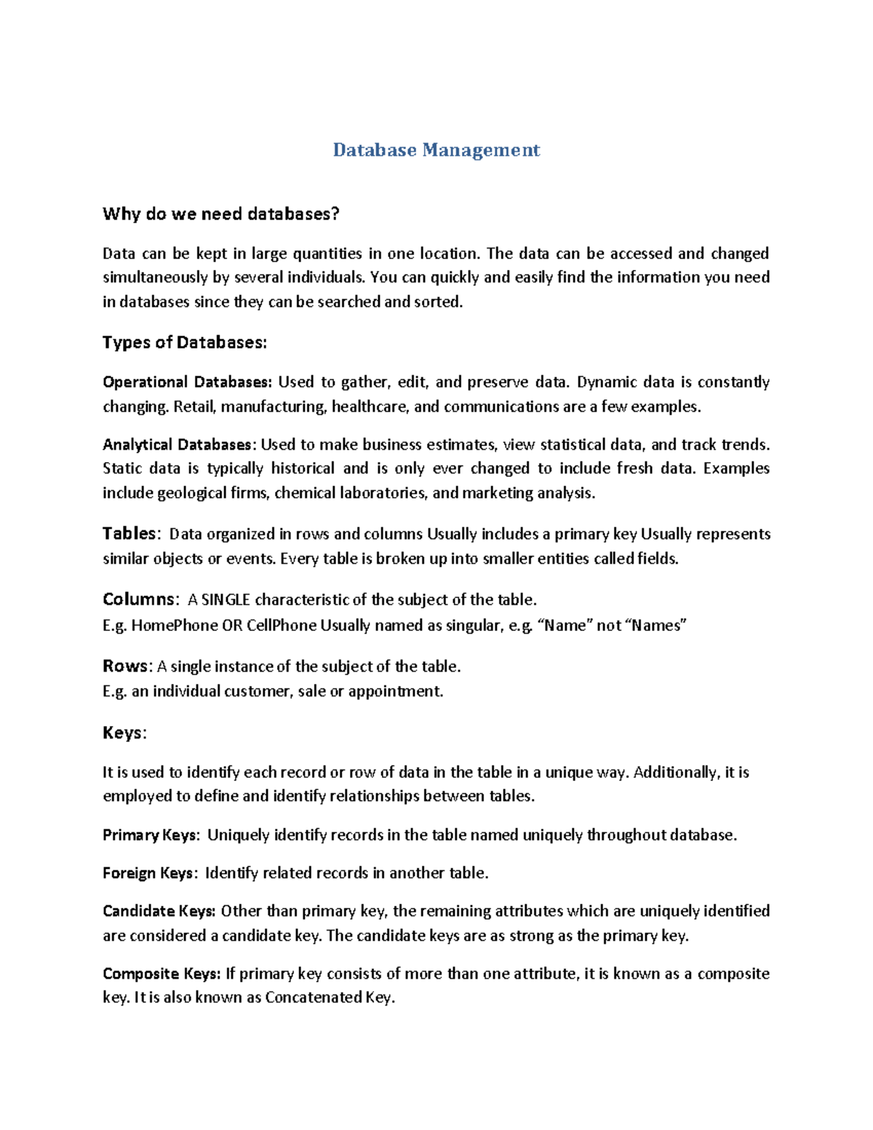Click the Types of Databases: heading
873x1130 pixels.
coord(185,343)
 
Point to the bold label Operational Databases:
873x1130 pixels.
coord(188,383)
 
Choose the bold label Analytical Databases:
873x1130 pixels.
coord(179,445)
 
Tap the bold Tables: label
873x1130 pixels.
coord(129,534)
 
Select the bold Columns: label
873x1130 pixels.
coord(139,600)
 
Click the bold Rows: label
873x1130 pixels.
coord(127,667)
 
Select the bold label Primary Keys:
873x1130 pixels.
coord(151,835)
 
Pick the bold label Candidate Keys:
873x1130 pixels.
coord(159,912)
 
